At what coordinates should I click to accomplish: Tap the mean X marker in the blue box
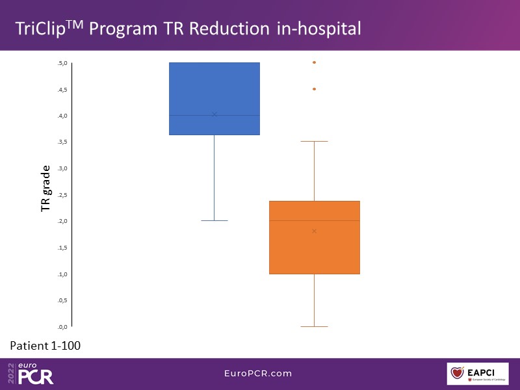214,114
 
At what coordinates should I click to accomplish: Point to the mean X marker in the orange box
314,231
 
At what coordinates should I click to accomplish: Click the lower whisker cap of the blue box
214,221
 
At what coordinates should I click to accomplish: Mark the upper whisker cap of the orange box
314,141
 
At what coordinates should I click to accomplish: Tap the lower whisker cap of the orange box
314,326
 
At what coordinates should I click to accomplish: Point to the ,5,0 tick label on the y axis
62,63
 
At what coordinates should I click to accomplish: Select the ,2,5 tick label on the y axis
62,195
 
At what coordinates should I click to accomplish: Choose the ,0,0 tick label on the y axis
62,327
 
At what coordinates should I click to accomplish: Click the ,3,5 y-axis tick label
62,142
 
